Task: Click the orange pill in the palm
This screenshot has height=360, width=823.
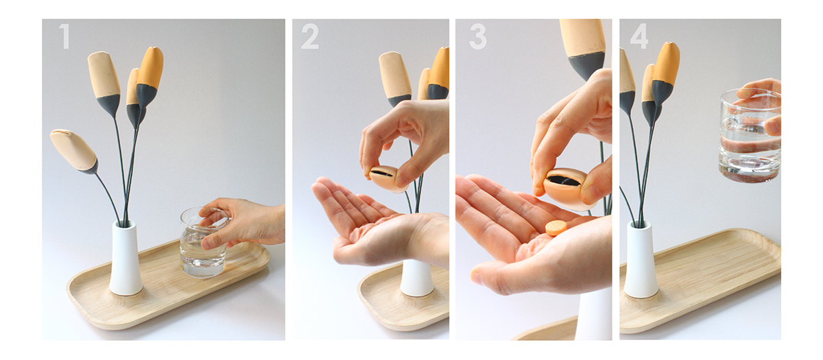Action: pyautogui.click(x=556, y=228)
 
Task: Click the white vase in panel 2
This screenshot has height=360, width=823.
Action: pyautogui.click(x=417, y=277)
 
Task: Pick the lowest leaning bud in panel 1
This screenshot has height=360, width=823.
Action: pyautogui.click(x=73, y=149)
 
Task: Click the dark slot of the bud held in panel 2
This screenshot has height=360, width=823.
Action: pyautogui.click(x=382, y=173)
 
